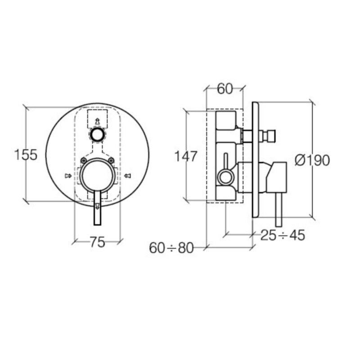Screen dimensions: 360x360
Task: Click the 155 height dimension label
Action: [x=25, y=155]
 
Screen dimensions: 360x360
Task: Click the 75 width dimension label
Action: [x=97, y=243]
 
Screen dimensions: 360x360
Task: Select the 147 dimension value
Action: [x=186, y=157]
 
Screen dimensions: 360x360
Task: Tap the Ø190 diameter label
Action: [x=312, y=160]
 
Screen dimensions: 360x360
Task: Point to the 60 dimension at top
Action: [x=225, y=89]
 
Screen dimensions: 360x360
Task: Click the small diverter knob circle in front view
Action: [x=97, y=134]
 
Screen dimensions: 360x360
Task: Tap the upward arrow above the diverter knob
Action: [x=97, y=121]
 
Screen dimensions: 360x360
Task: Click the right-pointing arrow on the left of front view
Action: [x=68, y=175]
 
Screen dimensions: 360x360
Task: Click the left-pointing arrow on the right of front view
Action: [x=127, y=175]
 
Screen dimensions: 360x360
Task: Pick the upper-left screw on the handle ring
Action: [x=84, y=161]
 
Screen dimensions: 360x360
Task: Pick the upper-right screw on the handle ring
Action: [x=111, y=161]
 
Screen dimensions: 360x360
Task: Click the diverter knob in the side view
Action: [x=269, y=135]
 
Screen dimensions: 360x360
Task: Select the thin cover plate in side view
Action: [x=255, y=160]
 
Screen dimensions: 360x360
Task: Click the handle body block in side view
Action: [x=276, y=176]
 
